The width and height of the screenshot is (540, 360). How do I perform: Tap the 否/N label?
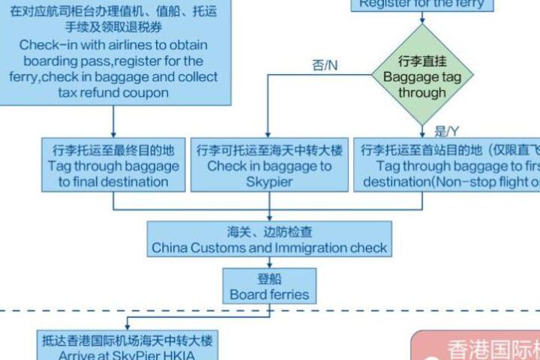[325, 65]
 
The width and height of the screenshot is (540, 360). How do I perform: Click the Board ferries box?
[269, 286]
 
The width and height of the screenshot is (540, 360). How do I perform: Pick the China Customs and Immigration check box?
[269, 239]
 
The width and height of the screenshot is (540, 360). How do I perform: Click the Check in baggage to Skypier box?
[268, 165]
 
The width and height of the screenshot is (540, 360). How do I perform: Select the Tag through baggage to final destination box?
[113, 165]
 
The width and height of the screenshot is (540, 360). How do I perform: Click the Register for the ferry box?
[421, 4]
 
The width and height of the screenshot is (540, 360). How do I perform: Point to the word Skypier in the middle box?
[268, 181]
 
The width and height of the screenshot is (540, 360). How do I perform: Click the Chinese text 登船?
[269, 279]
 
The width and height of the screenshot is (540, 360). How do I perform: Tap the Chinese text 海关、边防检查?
[269, 231]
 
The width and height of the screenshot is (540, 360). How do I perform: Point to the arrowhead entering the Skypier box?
[268, 133]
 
